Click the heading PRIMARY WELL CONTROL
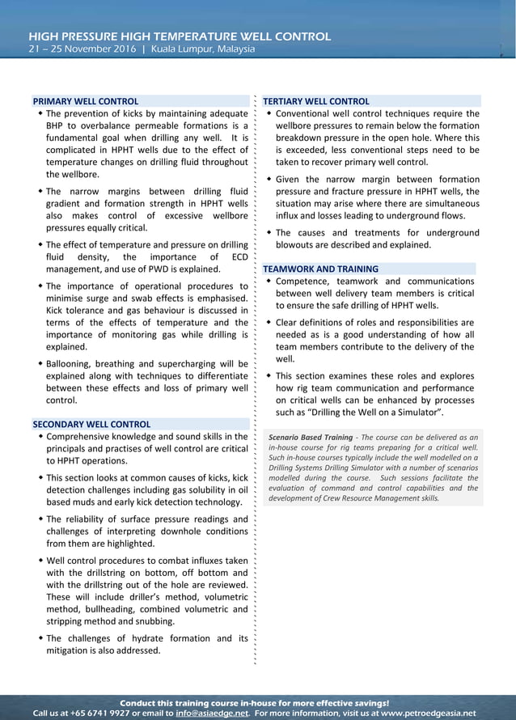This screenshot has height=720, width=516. [85, 101]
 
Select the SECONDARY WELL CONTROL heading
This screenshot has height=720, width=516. [91, 424]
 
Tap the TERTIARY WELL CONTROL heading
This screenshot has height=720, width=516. [316, 101]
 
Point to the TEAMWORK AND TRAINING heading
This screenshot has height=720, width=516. [320, 269]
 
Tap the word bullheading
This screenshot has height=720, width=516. [94, 609]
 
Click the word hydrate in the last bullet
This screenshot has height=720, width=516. [151, 638]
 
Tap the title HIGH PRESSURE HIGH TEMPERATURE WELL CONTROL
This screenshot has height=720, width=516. [180, 36]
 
